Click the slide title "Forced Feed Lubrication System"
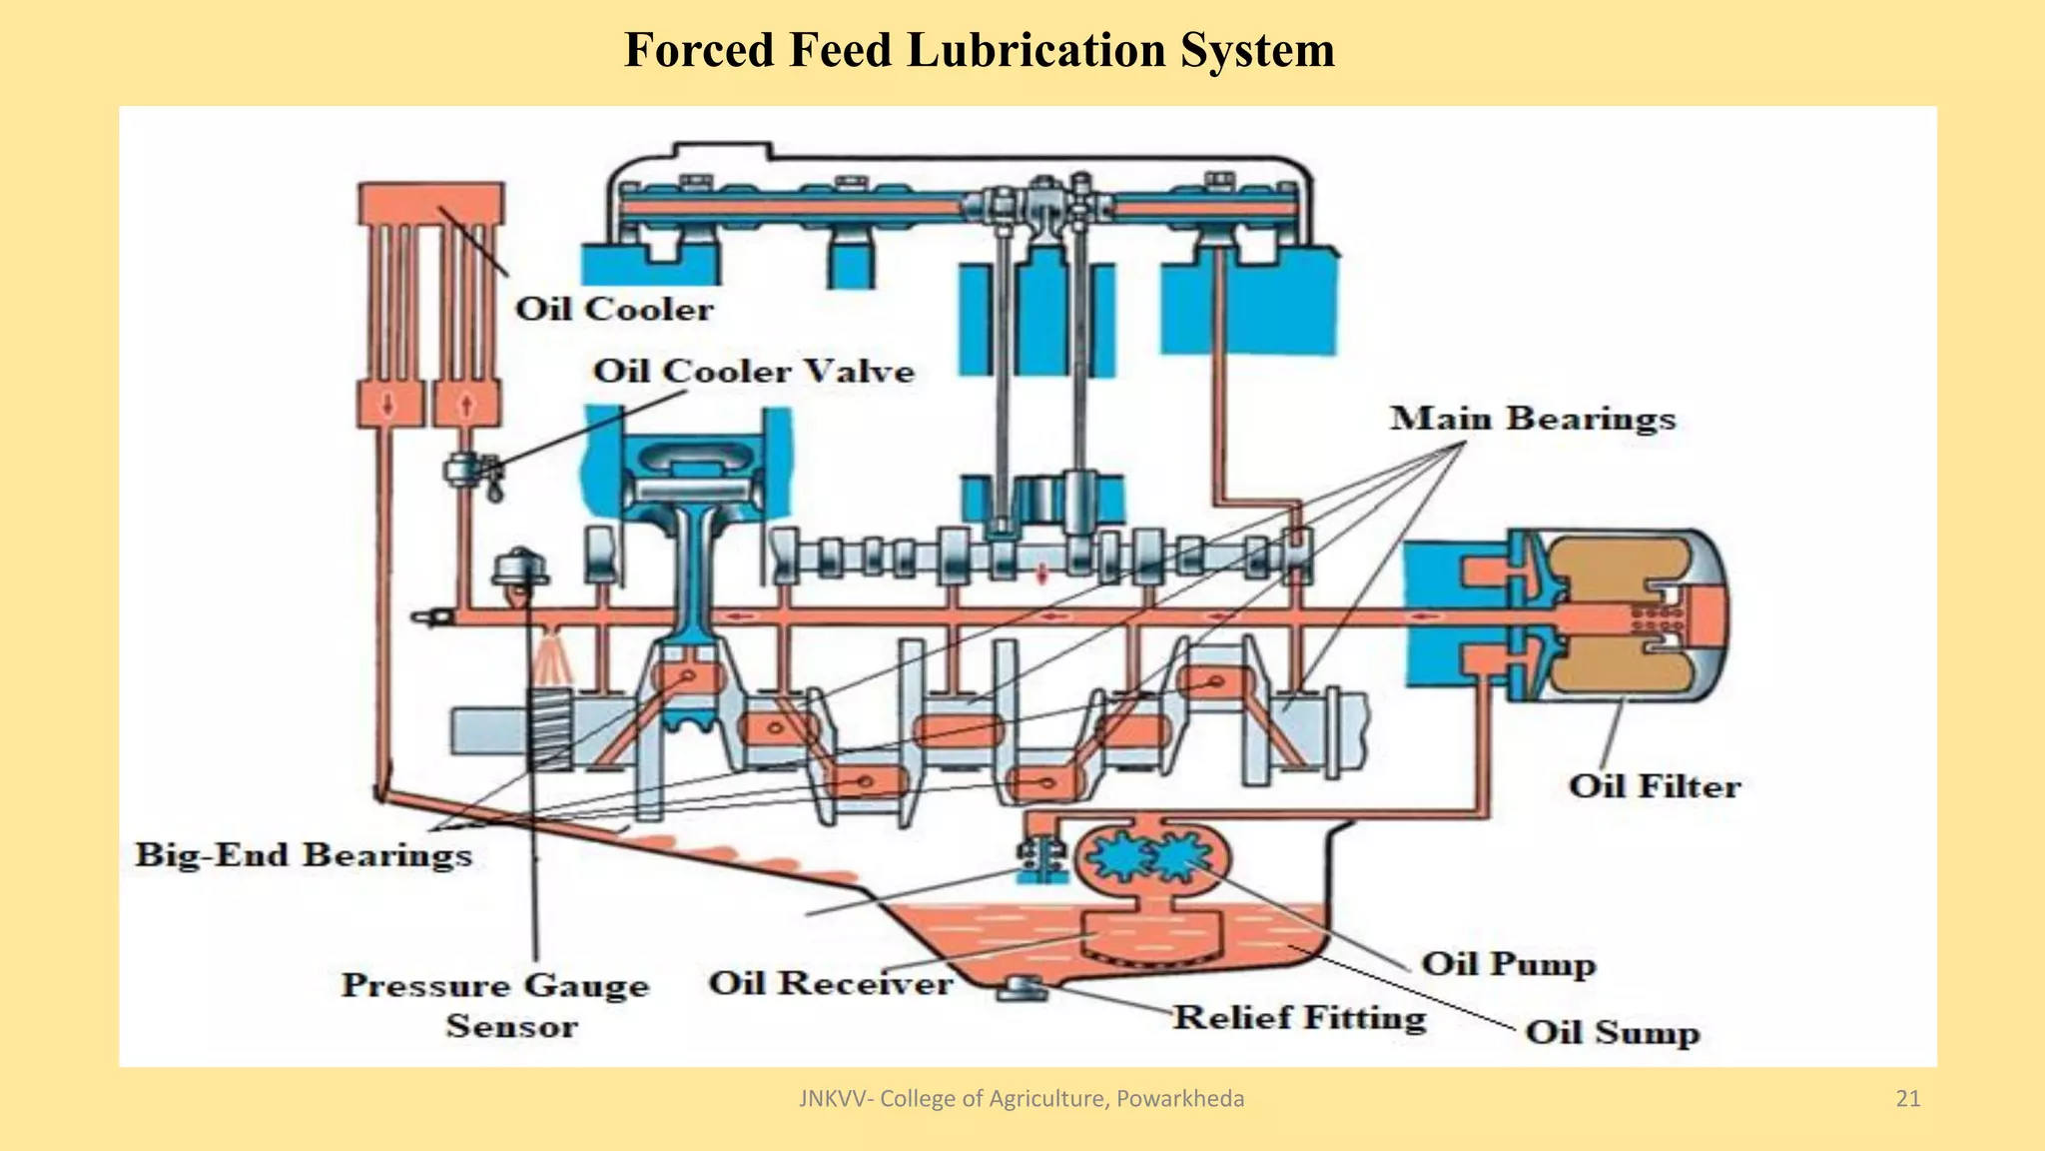[979, 50]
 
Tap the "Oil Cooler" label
[614, 309]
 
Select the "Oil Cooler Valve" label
[754, 372]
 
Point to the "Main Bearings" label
[1533, 419]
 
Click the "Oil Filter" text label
[1655, 786]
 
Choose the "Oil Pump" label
[1508, 964]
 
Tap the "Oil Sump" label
[1612, 1032]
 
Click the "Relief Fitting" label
[1299, 1018]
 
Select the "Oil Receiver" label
[830, 983]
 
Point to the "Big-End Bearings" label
[304, 855]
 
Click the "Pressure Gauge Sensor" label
[496, 1005]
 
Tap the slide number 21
[1907, 1099]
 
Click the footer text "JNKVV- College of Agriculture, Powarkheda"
[1022, 1099]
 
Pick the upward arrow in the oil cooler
[465, 406]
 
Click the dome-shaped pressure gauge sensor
[520, 570]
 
